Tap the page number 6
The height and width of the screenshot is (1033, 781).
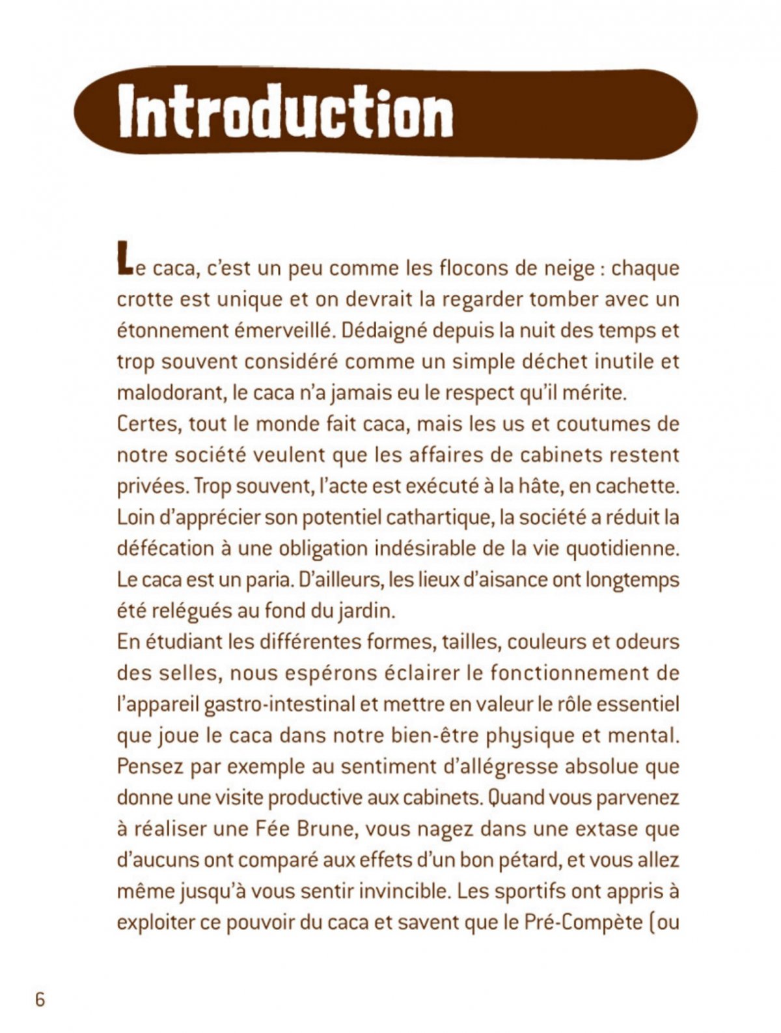(40, 1000)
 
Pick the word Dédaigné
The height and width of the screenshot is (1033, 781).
(383, 331)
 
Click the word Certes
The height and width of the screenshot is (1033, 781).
(147, 424)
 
